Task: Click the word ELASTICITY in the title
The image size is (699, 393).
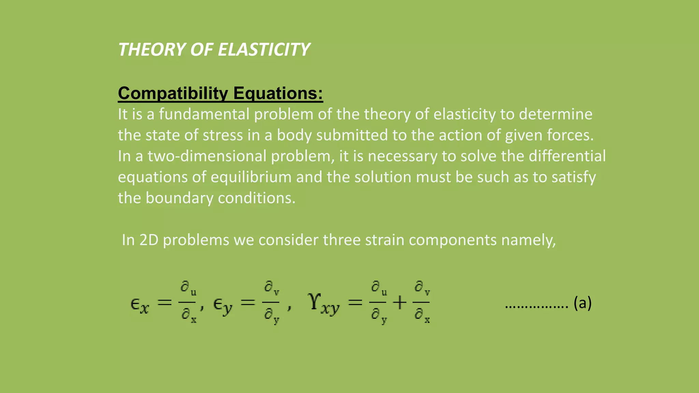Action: (x=263, y=50)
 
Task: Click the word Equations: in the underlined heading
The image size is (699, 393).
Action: (x=278, y=93)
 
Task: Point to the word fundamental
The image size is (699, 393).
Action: (x=204, y=114)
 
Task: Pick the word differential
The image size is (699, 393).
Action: (x=567, y=156)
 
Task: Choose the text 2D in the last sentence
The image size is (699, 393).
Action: (x=149, y=240)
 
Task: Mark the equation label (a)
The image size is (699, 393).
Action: (x=582, y=303)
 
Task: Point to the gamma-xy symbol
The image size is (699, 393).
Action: (x=324, y=303)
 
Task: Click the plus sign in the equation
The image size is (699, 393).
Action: (x=399, y=303)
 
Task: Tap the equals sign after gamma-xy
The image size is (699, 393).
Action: (x=355, y=303)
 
